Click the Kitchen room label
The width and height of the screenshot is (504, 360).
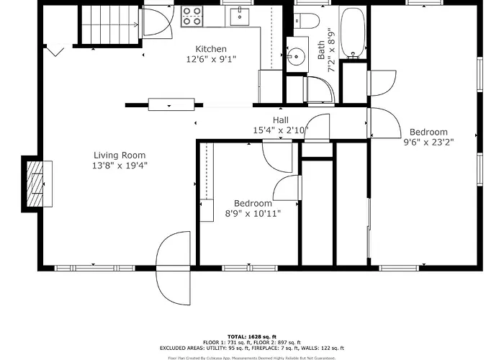coord(211,49)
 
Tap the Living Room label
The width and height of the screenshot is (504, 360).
coord(120,156)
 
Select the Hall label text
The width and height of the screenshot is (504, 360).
coord(281,120)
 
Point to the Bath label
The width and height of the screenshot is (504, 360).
coord(321,50)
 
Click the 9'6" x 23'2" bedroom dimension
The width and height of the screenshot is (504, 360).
coord(428,142)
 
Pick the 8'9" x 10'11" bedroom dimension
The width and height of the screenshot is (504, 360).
coord(253,213)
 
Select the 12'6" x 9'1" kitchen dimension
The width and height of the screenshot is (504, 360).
coord(211,59)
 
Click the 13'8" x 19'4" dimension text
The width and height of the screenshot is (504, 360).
coord(120,166)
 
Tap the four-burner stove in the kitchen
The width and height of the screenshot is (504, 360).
coord(192,17)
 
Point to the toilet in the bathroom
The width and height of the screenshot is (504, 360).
coord(307,21)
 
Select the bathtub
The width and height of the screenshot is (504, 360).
coord(353,33)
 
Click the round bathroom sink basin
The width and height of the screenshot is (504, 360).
coord(296,57)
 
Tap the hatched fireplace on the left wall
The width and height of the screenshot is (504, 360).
coord(35,184)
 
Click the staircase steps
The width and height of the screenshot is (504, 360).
coord(110,24)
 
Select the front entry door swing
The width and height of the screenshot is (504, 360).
coord(173,268)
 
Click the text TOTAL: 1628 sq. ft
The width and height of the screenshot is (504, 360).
coord(252,337)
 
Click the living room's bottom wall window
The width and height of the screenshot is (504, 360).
coord(94,268)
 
